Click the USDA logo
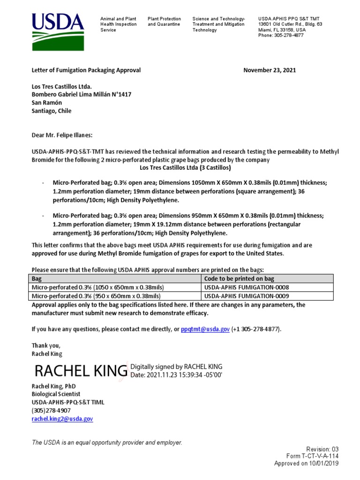click(58, 31)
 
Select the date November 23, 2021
click(270, 70)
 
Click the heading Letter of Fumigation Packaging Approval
click(86, 70)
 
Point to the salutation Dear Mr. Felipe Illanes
click(62, 135)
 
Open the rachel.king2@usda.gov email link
click(62, 419)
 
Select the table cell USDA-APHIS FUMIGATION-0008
click(247, 287)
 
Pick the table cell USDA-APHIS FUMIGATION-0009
click(247, 296)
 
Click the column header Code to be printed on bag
click(239, 278)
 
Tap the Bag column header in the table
click(37, 278)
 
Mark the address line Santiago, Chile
click(52, 111)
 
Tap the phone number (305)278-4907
click(51, 411)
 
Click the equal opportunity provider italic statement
click(106, 442)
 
